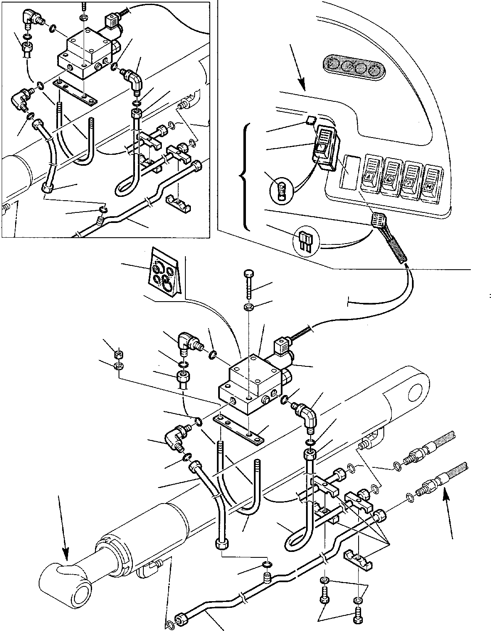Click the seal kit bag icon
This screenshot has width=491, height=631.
click(164, 271)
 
